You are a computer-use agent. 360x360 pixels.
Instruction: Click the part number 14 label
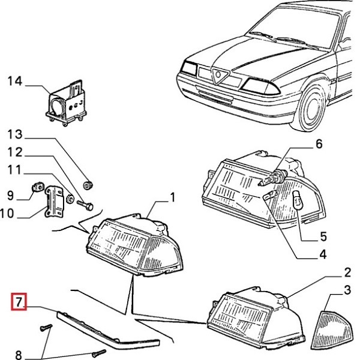point(14,81)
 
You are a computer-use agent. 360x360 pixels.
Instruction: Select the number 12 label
point(14,152)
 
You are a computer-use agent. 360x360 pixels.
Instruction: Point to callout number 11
point(14,170)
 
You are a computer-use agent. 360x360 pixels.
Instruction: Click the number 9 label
point(10,194)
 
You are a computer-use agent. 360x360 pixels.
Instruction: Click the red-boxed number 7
point(19,302)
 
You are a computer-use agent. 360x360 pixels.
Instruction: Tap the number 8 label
point(18,353)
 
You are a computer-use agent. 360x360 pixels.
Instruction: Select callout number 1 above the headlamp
point(172,197)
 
